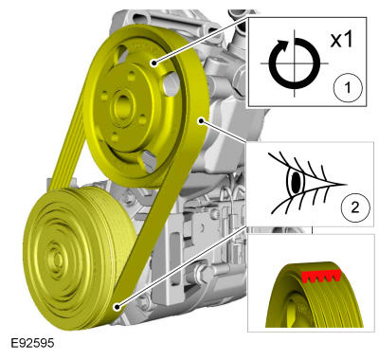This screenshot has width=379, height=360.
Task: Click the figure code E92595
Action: [32, 343]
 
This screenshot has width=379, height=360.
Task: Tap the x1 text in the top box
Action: [341, 41]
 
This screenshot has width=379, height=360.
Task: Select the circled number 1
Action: [348, 87]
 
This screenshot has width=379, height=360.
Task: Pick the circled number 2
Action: [355, 207]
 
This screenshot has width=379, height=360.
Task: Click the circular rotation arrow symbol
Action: [295, 63]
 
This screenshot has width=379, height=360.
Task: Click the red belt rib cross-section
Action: [321, 276]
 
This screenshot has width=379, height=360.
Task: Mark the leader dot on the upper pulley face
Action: [153, 63]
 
